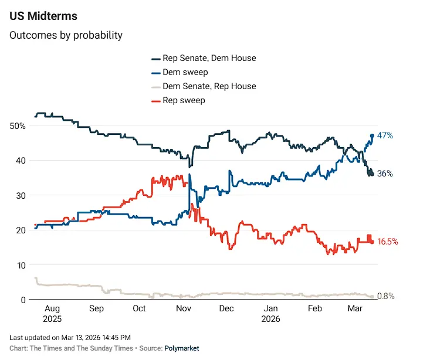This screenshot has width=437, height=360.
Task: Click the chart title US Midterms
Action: [x=43, y=16]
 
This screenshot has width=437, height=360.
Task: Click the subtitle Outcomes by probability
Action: [x=66, y=35]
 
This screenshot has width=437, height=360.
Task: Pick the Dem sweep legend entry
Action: [x=185, y=72]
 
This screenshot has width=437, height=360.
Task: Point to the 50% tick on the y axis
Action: [x=18, y=125]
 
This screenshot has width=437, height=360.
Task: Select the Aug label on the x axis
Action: [x=53, y=309]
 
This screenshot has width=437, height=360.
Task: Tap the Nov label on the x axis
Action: [x=184, y=309]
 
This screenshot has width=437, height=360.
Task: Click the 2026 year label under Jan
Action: [x=271, y=320]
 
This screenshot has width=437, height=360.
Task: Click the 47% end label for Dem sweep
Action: [x=385, y=135]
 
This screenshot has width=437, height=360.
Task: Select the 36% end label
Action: [x=385, y=174]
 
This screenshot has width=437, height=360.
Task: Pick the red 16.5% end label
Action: [x=388, y=242]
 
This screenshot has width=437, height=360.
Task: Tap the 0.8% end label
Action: [x=385, y=296]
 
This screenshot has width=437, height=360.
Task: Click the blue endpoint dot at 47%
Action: [x=372, y=136]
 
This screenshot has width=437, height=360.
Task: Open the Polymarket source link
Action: [x=181, y=348]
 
